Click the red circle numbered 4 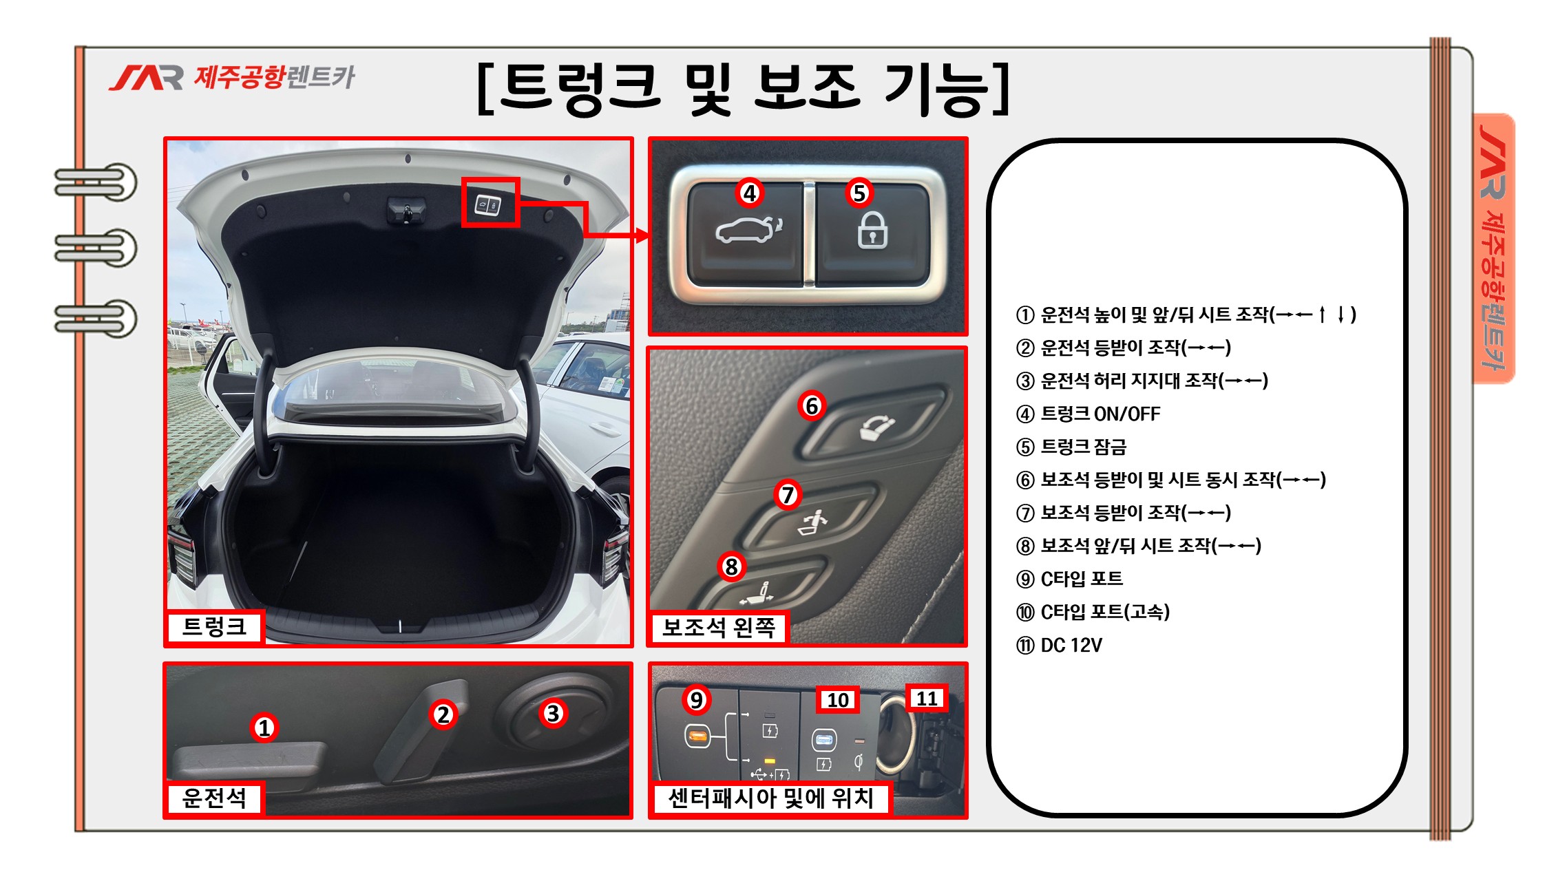750,193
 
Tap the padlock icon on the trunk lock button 872,230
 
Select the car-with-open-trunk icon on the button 749,230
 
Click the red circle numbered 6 812,405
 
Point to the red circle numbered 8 731,566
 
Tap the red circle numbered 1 264,728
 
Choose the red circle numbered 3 553,713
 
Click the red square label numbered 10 838,699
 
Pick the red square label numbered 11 927,698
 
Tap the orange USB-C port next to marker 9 697,736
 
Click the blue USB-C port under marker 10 824,740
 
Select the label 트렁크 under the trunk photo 215,626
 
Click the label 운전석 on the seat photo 215,798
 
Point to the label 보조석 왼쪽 719,627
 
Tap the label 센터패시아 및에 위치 770,798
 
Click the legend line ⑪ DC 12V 1059,646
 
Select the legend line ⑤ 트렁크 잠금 1071,447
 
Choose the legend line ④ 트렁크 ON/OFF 1088,414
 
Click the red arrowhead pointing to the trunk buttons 642,236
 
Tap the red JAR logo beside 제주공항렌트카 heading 146,78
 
